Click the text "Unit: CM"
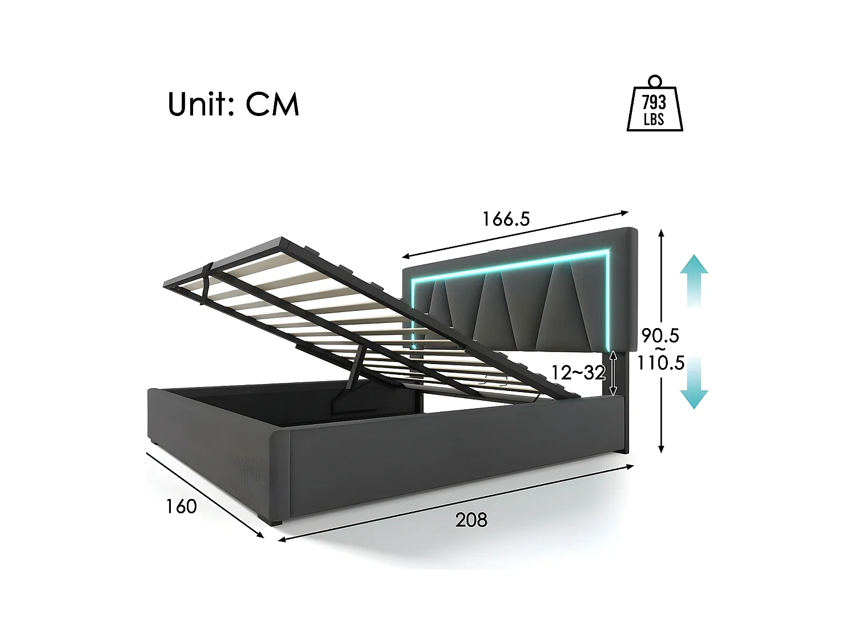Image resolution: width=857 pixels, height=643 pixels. point(233,105)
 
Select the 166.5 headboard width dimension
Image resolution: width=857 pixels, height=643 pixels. point(506,219)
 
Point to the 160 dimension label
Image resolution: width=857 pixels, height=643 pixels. point(181,506)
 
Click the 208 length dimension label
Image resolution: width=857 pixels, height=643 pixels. point(471,520)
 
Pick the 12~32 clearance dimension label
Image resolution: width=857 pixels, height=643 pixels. point(578,373)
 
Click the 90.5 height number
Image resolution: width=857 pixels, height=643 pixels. point(660,336)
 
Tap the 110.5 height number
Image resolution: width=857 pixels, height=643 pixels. point(661,362)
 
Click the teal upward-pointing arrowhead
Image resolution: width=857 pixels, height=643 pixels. point(694,265)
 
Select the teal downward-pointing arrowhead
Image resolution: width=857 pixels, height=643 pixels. point(694,399)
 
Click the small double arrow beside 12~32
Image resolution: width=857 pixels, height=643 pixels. point(613,373)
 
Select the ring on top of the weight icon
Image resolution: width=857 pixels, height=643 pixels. point(655,81)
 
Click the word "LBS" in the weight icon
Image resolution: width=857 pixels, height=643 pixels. point(654,119)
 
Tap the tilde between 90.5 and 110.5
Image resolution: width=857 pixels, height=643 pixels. point(660,349)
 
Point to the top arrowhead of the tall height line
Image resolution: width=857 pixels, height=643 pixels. point(661,233)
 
